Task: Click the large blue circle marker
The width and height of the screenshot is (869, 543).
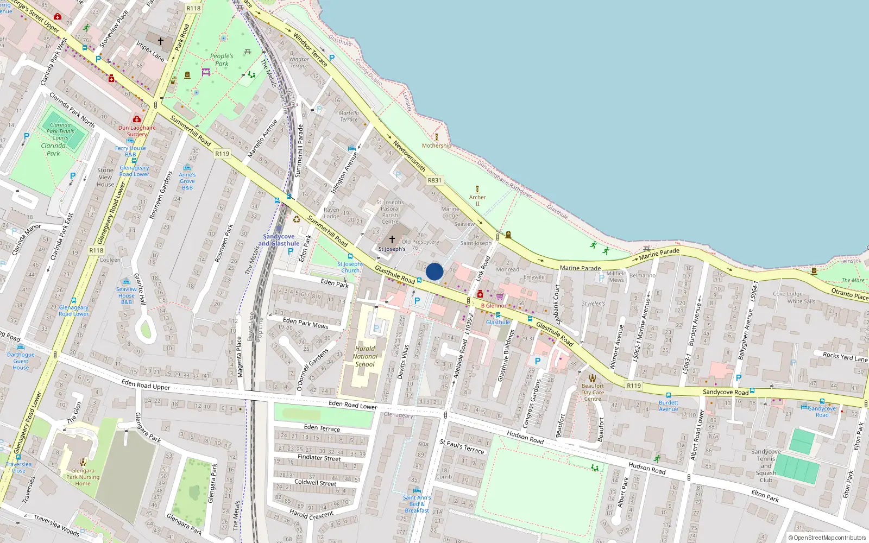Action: (434, 271)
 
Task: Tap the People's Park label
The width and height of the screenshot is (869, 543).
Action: (222, 60)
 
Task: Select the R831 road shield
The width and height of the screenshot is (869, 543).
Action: (434, 180)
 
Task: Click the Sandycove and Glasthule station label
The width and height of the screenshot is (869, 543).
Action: (279, 240)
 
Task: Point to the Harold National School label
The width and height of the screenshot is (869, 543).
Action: (365, 357)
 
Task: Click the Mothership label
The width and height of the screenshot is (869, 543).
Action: (437, 146)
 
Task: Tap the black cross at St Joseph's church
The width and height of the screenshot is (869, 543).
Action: (392, 239)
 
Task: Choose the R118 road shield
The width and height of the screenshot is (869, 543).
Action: (96, 250)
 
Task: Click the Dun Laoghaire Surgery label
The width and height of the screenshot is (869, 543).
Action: (137, 131)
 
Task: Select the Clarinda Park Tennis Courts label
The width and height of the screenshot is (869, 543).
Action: (60, 131)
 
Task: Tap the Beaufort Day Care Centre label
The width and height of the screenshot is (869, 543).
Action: (593, 392)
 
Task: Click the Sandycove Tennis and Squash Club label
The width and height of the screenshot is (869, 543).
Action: (766, 466)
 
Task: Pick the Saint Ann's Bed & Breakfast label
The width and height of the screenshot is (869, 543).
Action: (417, 504)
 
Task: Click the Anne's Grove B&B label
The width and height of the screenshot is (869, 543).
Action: (187, 181)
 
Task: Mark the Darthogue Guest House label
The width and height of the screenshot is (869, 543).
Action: (21, 361)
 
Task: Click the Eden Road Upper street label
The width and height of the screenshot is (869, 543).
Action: (146, 384)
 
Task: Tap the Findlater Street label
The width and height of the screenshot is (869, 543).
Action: (319, 458)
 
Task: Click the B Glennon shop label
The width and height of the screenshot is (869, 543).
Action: (494, 306)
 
